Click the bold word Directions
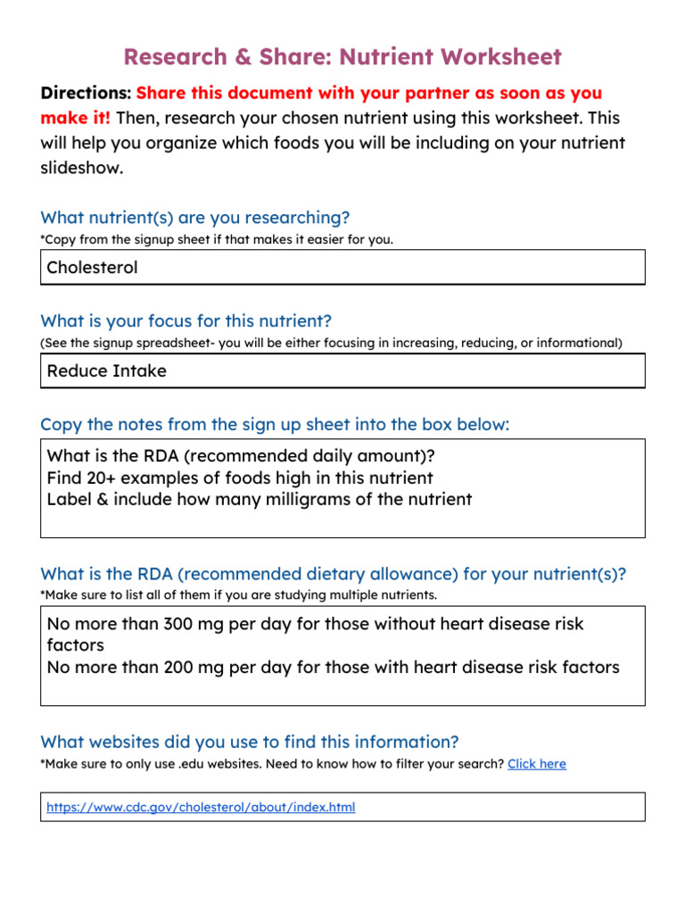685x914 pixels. coord(86,93)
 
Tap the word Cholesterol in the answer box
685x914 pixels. coord(92,267)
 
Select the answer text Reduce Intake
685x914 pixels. coord(106,370)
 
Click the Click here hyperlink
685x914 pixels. coord(537,764)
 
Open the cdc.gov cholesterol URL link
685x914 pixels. coord(201,807)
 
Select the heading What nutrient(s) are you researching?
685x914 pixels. coord(195,218)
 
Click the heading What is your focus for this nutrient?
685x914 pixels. coord(186,321)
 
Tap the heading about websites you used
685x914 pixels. coord(250,742)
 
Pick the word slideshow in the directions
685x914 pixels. coord(81,168)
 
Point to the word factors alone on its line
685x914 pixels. coord(75,644)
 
